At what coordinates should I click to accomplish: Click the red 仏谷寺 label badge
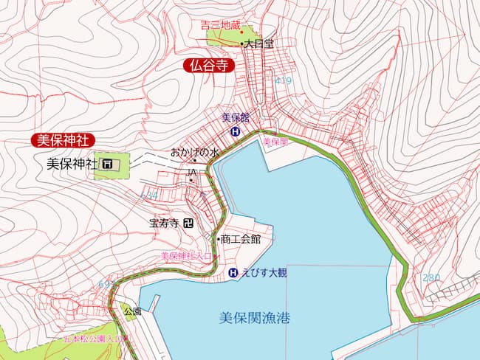click(208, 66)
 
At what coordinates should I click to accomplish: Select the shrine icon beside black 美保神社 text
click(108, 164)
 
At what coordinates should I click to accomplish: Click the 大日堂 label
click(259, 44)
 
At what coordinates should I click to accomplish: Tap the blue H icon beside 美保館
click(236, 132)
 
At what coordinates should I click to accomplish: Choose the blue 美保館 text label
click(236, 118)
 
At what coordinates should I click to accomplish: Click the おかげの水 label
click(196, 153)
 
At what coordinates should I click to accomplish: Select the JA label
click(192, 172)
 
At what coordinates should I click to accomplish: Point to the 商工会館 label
click(241, 239)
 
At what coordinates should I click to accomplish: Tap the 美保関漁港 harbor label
click(255, 319)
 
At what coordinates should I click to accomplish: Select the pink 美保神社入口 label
click(188, 256)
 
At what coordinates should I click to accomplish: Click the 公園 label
click(132, 312)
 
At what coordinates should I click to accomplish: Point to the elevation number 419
click(283, 80)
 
